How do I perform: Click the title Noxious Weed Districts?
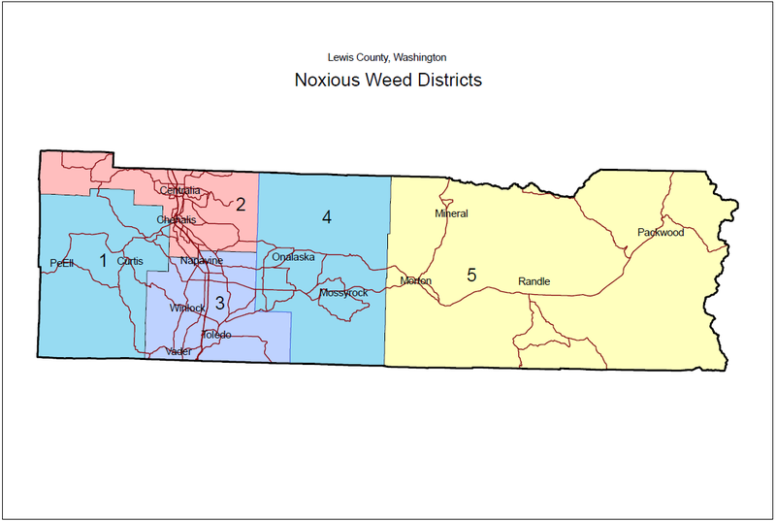coord(388,80)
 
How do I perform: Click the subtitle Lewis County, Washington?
coord(387,58)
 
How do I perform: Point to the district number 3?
coord(220,303)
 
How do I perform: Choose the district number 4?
coord(327,217)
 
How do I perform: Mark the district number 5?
coord(471,275)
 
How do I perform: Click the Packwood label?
coord(661,233)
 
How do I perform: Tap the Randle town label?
coord(533,281)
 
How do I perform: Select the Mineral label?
coord(451,213)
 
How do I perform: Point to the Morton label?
coord(416,281)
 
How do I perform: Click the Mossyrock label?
coord(343,293)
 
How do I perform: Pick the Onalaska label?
coord(294,257)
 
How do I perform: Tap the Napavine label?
coord(202,262)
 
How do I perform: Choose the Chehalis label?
coord(177,220)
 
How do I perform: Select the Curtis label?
coord(130,262)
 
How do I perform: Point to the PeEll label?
coord(62,264)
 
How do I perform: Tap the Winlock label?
coord(187,309)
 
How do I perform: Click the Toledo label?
coord(215,335)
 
